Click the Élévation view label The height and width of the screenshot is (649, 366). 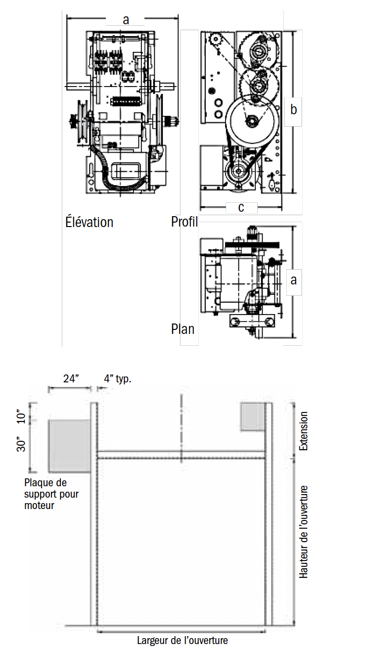89,222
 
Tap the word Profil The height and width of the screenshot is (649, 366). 184,222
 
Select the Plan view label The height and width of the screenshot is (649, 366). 183,328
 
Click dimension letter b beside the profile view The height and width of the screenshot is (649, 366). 293,110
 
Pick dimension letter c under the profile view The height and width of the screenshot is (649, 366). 241,207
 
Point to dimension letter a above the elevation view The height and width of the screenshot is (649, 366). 126,20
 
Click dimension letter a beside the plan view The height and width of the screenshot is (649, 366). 293,279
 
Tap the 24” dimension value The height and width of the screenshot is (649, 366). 71,379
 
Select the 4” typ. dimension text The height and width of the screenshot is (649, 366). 118,379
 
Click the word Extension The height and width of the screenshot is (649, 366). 304,431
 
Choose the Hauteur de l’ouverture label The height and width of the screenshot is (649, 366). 304,532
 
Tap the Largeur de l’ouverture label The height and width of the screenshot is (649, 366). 183,641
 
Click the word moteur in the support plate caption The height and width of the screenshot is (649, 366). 40,506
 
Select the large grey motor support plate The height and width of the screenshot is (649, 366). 69,446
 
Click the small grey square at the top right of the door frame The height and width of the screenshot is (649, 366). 252,417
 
